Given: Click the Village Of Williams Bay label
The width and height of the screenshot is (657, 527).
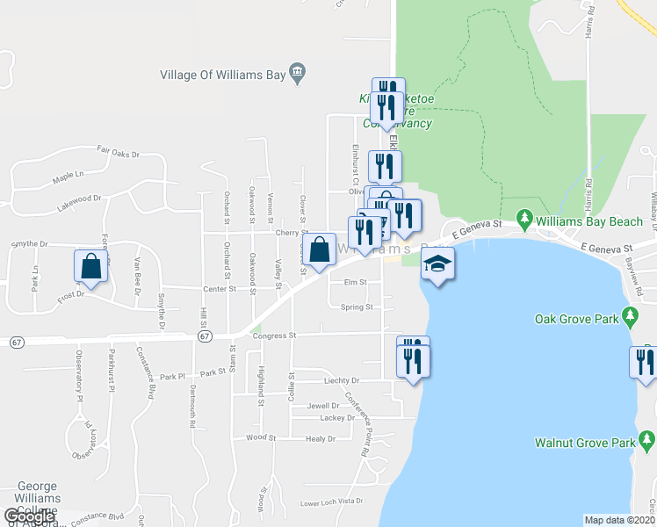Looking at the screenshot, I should tap(223, 75).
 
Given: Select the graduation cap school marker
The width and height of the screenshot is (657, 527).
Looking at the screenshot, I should tap(437, 263).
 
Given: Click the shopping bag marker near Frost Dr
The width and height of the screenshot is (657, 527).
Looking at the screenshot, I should tap(90, 265).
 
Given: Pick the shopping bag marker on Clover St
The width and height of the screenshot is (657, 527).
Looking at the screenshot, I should tap(319, 249).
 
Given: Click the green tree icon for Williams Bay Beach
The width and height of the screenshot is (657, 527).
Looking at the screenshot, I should tap(524, 216).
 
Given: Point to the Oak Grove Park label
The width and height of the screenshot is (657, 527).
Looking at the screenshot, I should tap(575, 320).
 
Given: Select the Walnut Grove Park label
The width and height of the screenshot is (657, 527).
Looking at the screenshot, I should tap(584, 443).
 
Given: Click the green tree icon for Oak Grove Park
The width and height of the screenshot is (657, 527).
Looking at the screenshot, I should tap(629, 314).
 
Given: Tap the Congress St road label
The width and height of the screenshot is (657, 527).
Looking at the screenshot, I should tap(275, 336).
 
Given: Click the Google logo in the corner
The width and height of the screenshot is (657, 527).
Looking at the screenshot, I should tap(29, 516).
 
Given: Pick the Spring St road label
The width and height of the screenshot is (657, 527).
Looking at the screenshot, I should tap(357, 307).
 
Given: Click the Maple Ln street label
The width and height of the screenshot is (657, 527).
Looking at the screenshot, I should tap(67, 177).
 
